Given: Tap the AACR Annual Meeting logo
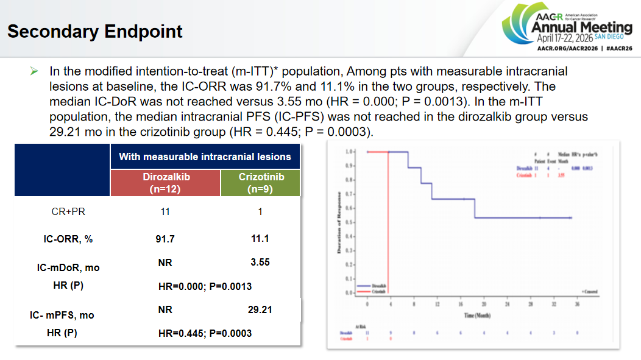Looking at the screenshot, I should [x=567, y=28].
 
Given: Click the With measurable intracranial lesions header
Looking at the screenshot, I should [x=205, y=157].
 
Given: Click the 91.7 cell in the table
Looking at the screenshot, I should [x=165, y=239].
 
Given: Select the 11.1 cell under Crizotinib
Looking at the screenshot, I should [x=260, y=239].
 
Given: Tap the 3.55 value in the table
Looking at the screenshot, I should [x=260, y=262].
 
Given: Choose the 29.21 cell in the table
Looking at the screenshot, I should [x=260, y=309].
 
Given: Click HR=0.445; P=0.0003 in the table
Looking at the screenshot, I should [x=205, y=333].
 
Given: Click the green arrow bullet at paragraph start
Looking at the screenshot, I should [x=34, y=72].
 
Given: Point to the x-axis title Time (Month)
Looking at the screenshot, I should [x=476, y=316].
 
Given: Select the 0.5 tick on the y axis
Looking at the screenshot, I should [x=350, y=222].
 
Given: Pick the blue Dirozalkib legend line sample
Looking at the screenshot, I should [x=364, y=284].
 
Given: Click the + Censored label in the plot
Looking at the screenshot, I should [x=590, y=292].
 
